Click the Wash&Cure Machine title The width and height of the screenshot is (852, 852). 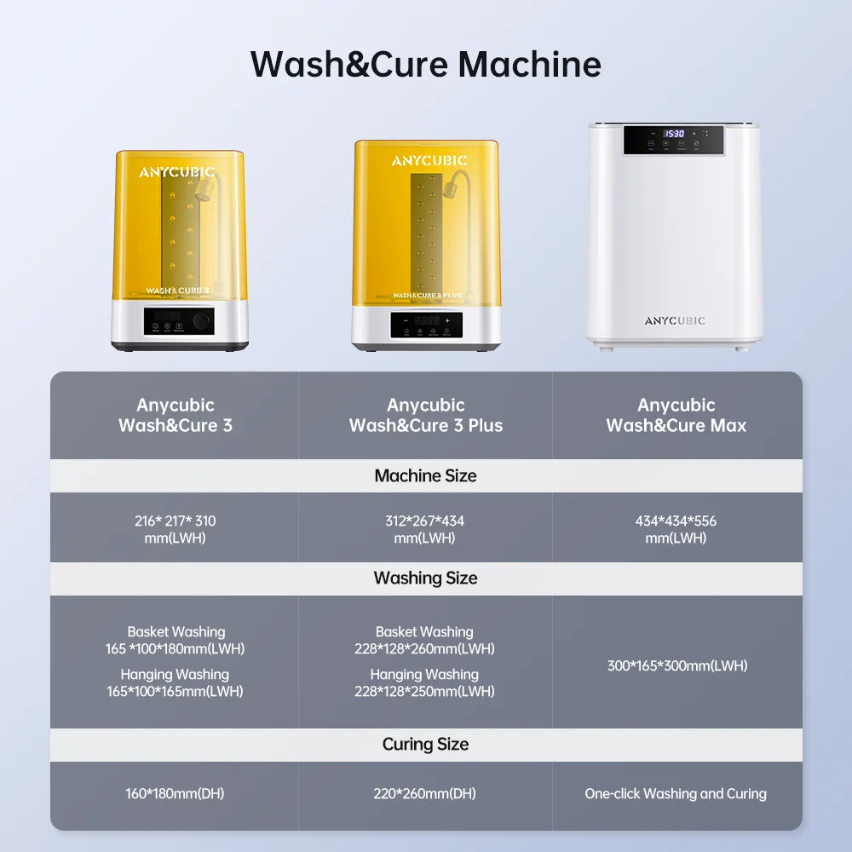pos(426,65)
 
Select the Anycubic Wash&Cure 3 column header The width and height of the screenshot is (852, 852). pos(175,415)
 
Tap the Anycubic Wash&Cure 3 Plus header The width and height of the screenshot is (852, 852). pos(426,415)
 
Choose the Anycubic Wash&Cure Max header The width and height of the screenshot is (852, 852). pos(676,415)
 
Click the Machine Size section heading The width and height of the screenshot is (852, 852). pos(426,475)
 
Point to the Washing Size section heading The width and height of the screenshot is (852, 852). pos(426,578)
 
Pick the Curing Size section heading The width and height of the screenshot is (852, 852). pos(426,744)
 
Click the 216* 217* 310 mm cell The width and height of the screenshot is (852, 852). pos(175,529)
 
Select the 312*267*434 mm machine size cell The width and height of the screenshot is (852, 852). pos(424,529)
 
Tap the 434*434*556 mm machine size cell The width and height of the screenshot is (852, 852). pos(676,529)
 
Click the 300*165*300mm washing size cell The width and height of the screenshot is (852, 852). pos(677,665)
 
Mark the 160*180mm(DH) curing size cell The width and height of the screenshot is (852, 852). pos(175,793)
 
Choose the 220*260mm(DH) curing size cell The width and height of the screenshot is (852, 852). pos(424,793)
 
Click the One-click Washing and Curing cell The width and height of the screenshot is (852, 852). pos(676,793)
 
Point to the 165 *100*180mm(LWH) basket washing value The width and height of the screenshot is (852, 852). pos(175,649)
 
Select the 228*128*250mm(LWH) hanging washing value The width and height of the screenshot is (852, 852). pos(424,692)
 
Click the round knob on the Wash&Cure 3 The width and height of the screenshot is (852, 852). pos(202,320)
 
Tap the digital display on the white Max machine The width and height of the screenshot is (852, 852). pos(674,134)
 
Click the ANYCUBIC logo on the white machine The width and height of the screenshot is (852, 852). pos(675,321)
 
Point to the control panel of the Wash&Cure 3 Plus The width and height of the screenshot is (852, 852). pos(426,325)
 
